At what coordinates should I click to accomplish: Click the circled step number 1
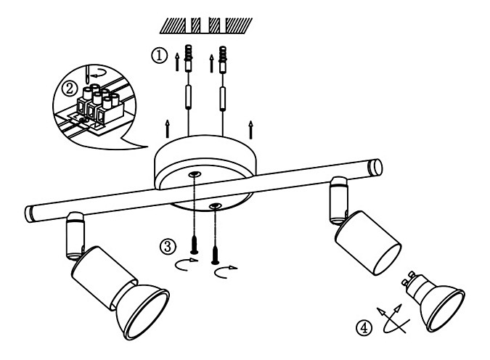click(160, 56)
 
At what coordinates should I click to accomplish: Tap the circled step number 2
click(70, 89)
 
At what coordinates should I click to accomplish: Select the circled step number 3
click(168, 247)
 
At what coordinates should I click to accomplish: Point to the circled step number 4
click(364, 328)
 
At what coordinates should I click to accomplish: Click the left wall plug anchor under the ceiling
click(188, 58)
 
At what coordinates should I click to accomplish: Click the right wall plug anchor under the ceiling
click(222, 59)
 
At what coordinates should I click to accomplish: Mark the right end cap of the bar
click(375, 168)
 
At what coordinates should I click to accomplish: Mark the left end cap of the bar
click(29, 213)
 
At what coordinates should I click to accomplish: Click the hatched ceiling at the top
click(206, 25)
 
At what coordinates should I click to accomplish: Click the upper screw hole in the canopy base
click(195, 174)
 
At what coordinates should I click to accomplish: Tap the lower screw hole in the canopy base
click(216, 205)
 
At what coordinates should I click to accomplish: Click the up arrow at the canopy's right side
click(250, 130)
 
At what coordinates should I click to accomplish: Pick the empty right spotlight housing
click(368, 243)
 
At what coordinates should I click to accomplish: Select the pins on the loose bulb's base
click(409, 277)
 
